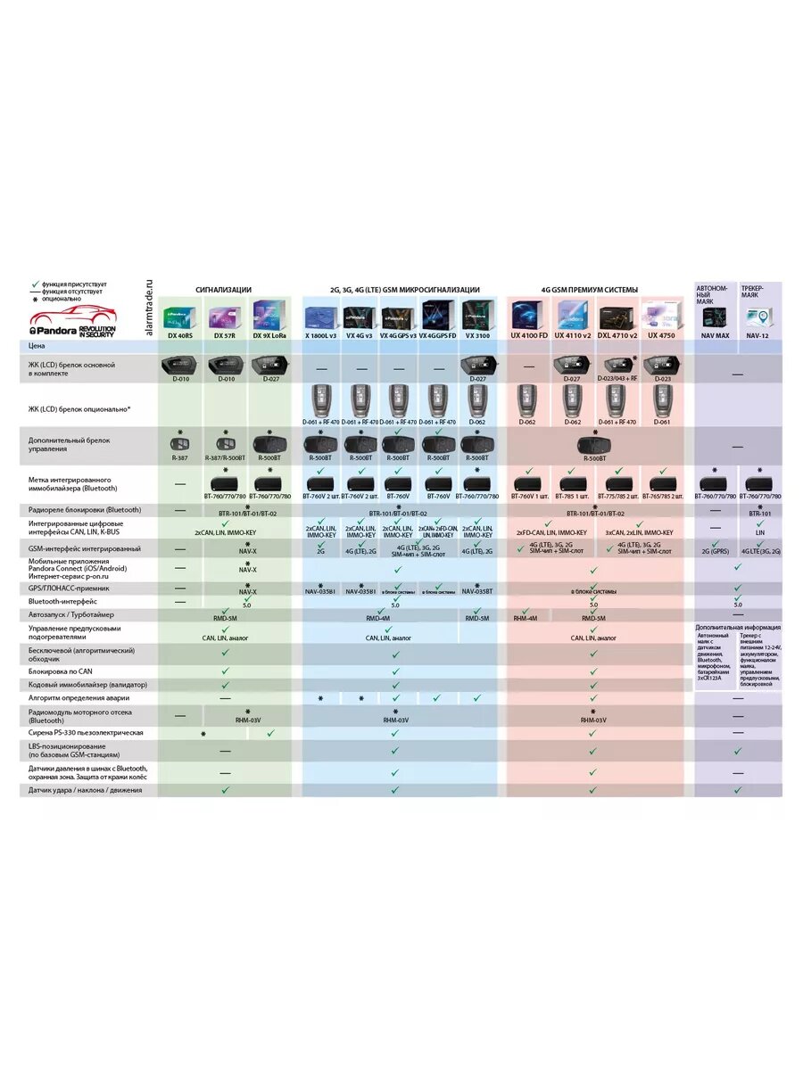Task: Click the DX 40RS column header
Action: pos(181,335)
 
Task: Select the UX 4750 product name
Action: pos(662,335)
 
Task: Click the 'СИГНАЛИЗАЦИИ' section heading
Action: pos(224,290)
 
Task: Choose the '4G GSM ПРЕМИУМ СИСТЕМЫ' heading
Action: pos(590,290)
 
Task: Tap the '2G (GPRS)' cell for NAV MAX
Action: pos(716,552)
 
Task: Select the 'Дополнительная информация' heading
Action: pos(738,627)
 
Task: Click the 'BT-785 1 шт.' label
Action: pos(573,495)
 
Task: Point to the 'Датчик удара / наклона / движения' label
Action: pos(85,790)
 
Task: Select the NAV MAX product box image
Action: pos(716,317)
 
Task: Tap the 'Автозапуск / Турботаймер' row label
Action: pos(71,614)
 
